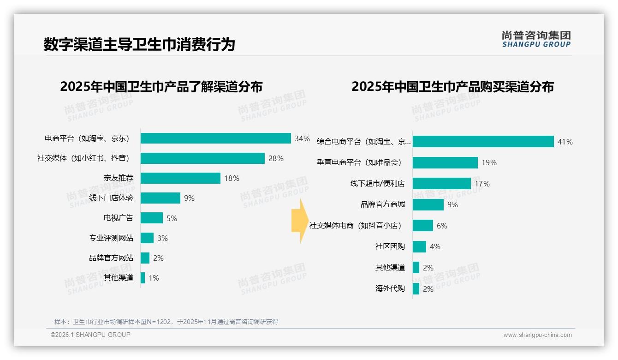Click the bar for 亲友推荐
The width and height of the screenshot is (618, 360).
pyautogui.click(x=180, y=178)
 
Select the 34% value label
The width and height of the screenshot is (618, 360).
pyautogui.click(x=302, y=138)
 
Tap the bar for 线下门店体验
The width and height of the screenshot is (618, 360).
pyautogui.click(x=160, y=198)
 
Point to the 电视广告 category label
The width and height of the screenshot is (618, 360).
pyautogui.click(x=118, y=218)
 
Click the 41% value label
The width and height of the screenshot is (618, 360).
pyautogui.click(x=565, y=142)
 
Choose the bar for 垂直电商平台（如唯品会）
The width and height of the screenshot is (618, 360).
pyautogui.click(x=445, y=162)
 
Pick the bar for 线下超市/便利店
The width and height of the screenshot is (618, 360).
pyautogui.click(x=441, y=184)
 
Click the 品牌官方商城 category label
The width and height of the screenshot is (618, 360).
pyautogui.click(x=382, y=204)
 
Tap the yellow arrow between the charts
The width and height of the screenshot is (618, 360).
pyautogui.click(x=299, y=221)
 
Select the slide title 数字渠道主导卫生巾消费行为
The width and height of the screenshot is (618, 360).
pyautogui.click(x=139, y=44)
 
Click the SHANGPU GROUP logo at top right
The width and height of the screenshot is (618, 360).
pyautogui.click(x=536, y=39)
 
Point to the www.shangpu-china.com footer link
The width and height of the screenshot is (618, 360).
pyautogui.click(x=537, y=335)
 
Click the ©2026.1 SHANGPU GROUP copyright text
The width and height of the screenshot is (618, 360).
pyautogui.click(x=90, y=335)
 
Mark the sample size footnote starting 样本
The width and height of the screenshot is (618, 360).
pyautogui.click(x=166, y=322)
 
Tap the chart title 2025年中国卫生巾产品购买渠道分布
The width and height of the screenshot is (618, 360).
pyautogui.click(x=452, y=87)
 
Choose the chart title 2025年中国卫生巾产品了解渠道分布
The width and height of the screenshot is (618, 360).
pyautogui.click(x=161, y=87)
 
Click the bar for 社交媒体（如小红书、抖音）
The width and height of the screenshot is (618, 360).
pyautogui.click(x=202, y=158)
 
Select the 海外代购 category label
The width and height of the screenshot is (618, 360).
pyautogui.click(x=390, y=288)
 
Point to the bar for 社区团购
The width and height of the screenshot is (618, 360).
pyautogui.click(x=419, y=246)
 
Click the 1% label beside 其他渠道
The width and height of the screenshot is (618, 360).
pyautogui.click(x=154, y=278)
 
